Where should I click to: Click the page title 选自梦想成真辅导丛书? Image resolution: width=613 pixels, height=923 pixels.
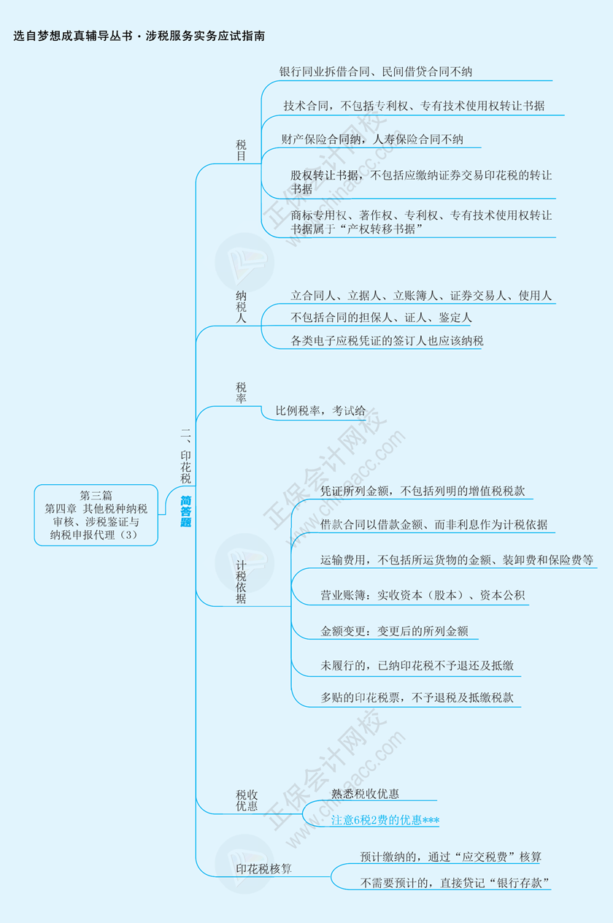pos(73,37)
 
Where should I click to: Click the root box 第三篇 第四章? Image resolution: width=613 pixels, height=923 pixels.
pos(96,515)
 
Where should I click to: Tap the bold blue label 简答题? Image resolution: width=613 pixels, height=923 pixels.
pos(185,511)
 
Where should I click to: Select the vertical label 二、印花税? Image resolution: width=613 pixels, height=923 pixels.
pos(185,456)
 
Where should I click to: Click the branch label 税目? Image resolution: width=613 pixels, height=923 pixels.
pos(241,150)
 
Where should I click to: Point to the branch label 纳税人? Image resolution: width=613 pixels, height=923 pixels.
pos(241,307)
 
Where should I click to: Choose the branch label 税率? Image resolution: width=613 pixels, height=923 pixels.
pos(241,393)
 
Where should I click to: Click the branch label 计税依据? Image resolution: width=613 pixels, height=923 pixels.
pos(241,582)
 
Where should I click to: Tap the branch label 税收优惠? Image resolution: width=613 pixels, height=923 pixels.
pos(247,800)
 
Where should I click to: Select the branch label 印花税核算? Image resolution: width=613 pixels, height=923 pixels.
pos(264,869)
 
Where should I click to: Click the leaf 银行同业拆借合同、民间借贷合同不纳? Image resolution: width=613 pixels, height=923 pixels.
pos(375,72)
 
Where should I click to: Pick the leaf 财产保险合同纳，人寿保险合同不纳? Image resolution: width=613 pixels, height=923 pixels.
pos(372,139)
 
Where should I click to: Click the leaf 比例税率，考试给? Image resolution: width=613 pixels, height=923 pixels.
pos(320,411)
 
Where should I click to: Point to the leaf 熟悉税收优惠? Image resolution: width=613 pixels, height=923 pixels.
pos(365,794)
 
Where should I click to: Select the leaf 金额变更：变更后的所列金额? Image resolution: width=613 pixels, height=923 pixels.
pos(394,631)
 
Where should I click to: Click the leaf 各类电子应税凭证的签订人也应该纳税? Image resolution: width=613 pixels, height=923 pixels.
pos(387,341)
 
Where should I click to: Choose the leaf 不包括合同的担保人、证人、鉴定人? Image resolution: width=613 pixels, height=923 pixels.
pos(381,317)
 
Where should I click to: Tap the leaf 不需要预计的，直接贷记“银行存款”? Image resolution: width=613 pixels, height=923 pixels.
pos(455,883)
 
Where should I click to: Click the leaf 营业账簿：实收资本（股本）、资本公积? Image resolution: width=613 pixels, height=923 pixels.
pos(423,595)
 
